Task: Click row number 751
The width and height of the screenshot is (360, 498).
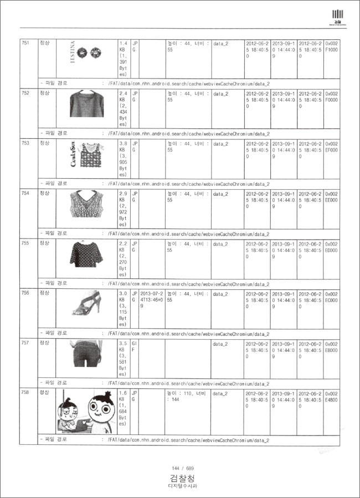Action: point(25,43)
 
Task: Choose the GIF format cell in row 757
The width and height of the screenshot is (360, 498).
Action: point(134,347)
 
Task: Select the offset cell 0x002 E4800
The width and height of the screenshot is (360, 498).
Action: point(332,397)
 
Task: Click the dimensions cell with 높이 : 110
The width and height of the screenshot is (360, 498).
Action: point(187,397)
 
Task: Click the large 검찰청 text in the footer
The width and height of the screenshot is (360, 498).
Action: point(182,478)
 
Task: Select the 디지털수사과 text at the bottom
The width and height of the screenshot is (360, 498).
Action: point(182,486)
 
